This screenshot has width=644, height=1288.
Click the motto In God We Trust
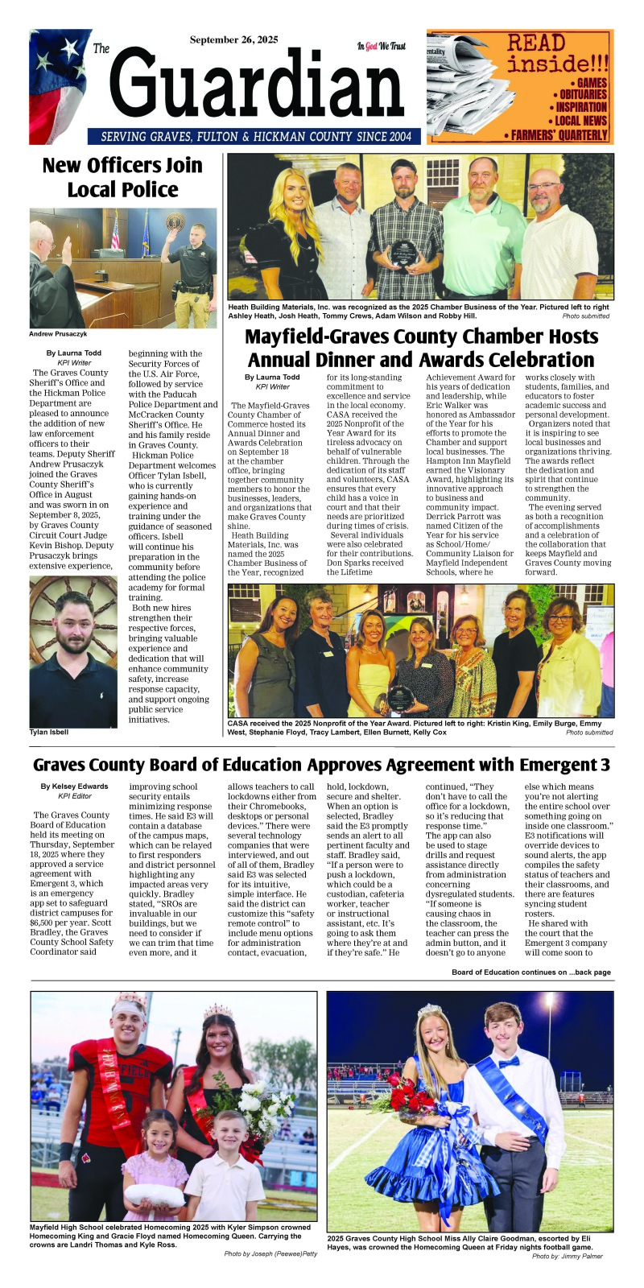pyautogui.click(x=382, y=47)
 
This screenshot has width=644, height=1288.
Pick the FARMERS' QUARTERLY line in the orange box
pyautogui.click(x=559, y=134)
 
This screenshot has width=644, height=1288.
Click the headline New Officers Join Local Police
pyautogui.click(x=122, y=177)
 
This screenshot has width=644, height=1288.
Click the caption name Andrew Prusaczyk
pyautogui.click(x=58, y=333)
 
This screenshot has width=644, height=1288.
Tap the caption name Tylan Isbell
pyautogui.click(x=49, y=733)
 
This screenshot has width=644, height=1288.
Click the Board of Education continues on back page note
pyautogui.click(x=531, y=972)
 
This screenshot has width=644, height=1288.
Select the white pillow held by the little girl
pyautogui.click(x=154, y=1194)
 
